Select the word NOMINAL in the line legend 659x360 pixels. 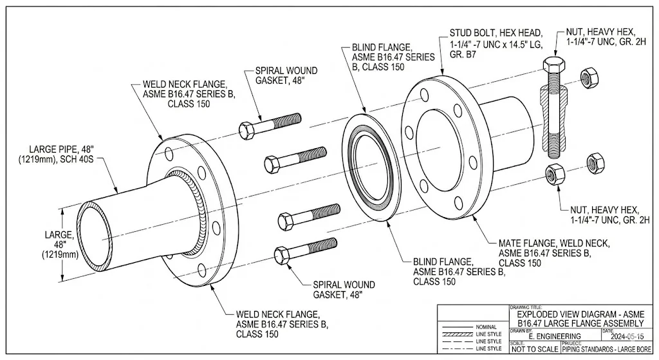point(487,327)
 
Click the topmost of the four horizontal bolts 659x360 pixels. point(270,125)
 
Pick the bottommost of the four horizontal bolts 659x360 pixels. point(305,250)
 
